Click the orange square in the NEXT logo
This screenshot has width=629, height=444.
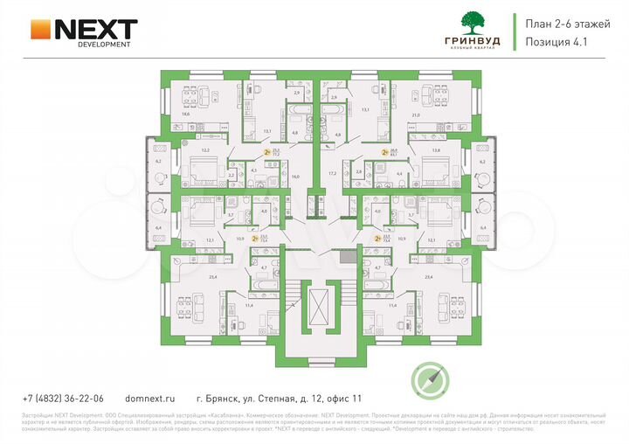click(x=40, y=29)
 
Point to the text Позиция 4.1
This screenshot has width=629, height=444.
click(x=561, y=41)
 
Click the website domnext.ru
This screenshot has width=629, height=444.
click(x=150, y=397)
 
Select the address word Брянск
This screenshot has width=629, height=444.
click(x=228, y=397)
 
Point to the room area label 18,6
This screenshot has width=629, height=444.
click(x=185, y=114)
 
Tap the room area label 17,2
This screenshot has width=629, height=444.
click(x=332, y=173)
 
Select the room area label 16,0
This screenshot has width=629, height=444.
click(x=295, y=177)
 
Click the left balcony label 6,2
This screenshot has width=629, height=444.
click(x=158, y=161)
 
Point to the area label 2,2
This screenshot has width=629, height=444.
click(x=232, y=175)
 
